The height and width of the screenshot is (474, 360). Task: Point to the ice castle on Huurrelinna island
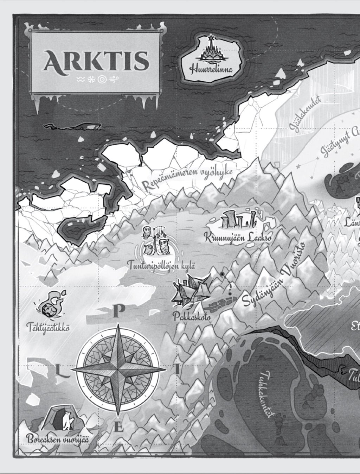tap(212, 49)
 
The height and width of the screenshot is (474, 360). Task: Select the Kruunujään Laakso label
tap(239, 238)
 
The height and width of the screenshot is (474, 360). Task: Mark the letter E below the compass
tap(119, 428)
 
